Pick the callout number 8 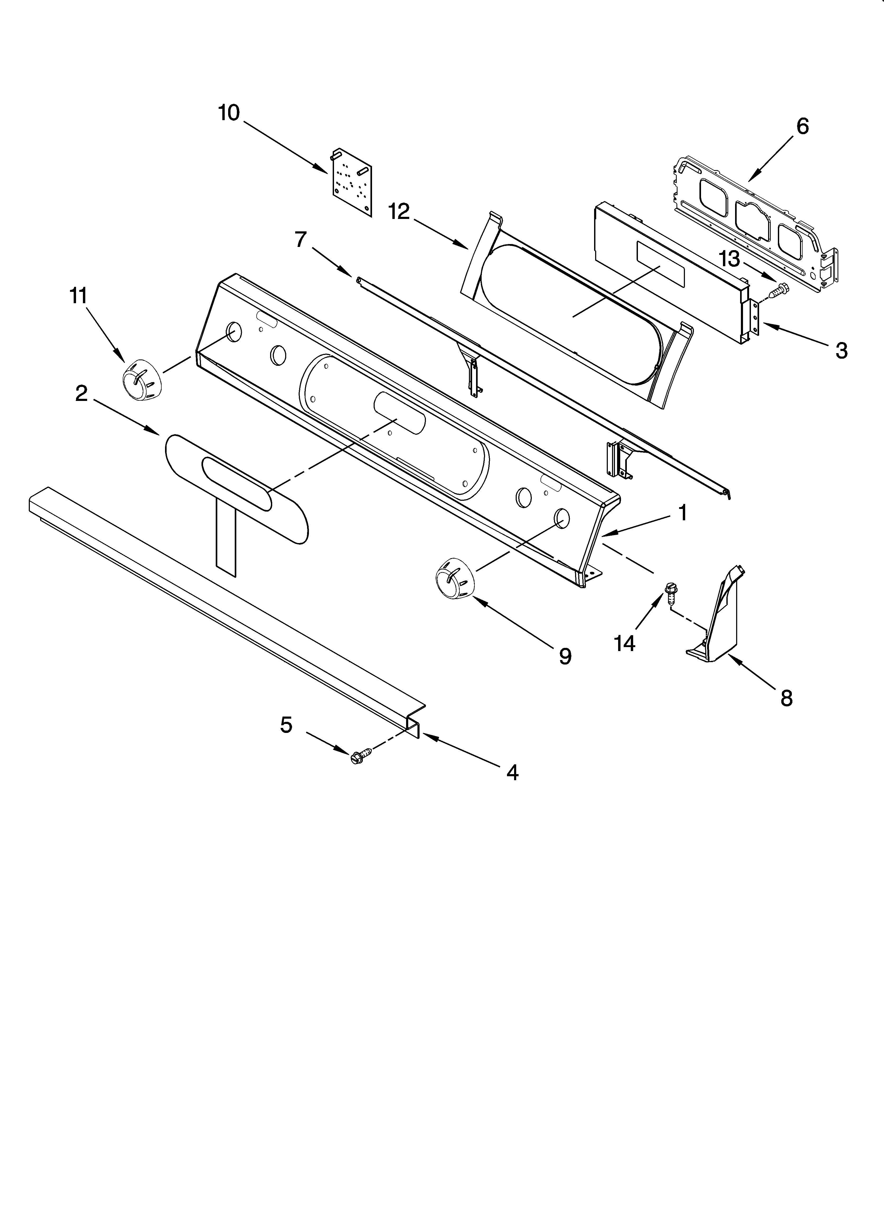787,698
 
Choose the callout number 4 512,773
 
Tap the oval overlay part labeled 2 237,487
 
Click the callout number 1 682,513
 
